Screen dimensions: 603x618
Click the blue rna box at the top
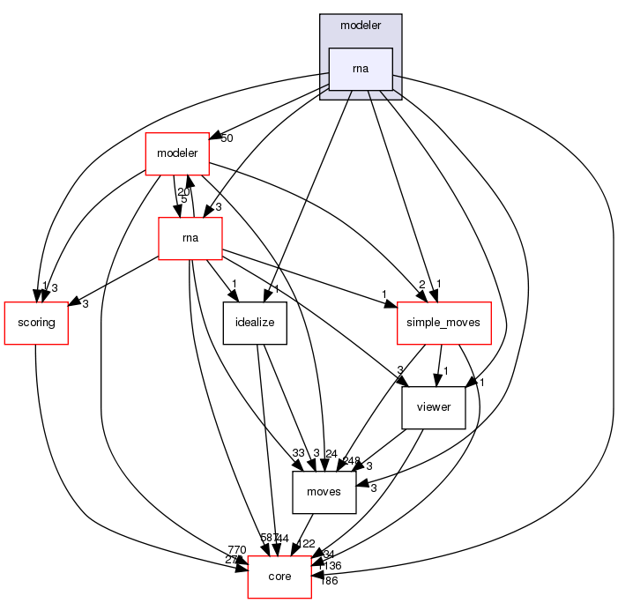click(x=360, y=70)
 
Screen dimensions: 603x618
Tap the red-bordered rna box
click(x=190, y=238)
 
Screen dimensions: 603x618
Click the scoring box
click(x=36, y=322)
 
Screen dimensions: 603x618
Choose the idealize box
click(x=255, y=322)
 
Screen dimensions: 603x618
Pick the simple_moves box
click(x=443, y=322)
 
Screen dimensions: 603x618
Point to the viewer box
click(x=433, y=406)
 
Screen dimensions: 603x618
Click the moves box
click(x=324, y=491)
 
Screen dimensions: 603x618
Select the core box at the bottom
click(x=279, y=576)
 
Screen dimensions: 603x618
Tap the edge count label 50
click(x=227, y=138)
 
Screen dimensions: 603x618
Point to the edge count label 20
click(x=183, y=192)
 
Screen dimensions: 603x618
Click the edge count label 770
click(x=237, y=549)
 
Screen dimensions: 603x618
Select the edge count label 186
click(x=328, y=581)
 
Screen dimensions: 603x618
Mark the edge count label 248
click(x=351, y=459)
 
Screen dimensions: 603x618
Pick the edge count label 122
click(x=308, y=544)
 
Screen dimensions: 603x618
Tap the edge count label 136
click(x=331, y=565)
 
